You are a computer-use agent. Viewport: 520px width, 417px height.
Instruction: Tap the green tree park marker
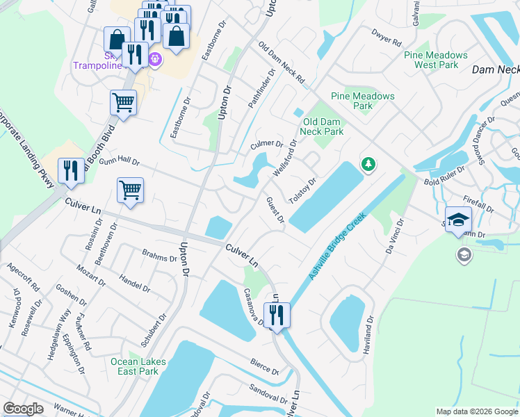pos(368,165)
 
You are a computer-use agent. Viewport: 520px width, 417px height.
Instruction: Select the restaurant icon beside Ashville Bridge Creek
pos(277,315)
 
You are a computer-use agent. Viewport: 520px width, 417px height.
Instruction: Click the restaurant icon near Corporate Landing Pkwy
pos(70,170)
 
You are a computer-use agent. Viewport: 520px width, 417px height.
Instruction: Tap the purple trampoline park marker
pos(154,60)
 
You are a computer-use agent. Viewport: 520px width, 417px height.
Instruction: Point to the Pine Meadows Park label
pos(362,101)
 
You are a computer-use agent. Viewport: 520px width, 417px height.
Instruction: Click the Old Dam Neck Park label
pos(322,126)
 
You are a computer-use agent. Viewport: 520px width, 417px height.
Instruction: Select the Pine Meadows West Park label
pos(437,60)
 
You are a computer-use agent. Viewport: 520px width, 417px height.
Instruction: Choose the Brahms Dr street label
pos(159,256)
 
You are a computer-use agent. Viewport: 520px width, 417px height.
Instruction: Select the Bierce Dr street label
pos(265,368)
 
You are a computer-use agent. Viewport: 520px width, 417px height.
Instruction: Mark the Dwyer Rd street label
pos(388,37)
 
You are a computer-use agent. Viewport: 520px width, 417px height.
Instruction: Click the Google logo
pos(23,409)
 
